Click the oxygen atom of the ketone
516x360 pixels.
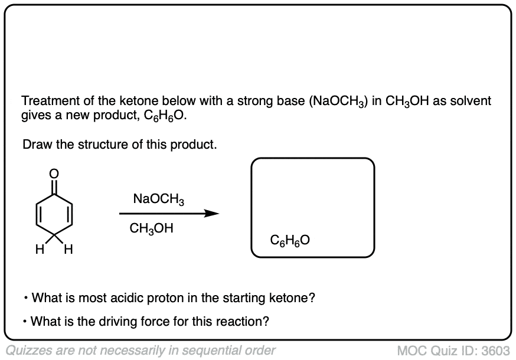pos(54,173)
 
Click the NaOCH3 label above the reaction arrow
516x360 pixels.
pos(159,199)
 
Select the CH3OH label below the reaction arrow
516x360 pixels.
pos(151,228)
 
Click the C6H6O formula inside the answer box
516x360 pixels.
pos(290,240)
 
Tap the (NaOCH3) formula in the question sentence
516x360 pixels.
pos(339,102)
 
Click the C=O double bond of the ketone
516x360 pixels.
pos(54,184)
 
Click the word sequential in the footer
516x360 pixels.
pos(210,350)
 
